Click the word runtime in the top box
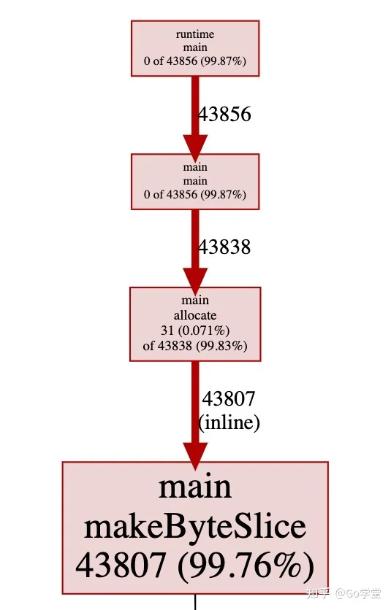195,34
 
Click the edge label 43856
224,115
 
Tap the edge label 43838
224,247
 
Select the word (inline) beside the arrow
229,422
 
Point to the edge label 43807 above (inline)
229,398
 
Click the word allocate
195,315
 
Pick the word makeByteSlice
195,527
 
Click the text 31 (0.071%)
195,331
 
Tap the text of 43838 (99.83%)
195,345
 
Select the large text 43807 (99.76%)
195,566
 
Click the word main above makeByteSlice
195,488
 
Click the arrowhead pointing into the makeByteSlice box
195,455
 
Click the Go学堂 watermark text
358,593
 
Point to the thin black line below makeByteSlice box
195,602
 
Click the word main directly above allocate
195,301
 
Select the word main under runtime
195,47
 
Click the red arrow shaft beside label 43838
195,239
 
